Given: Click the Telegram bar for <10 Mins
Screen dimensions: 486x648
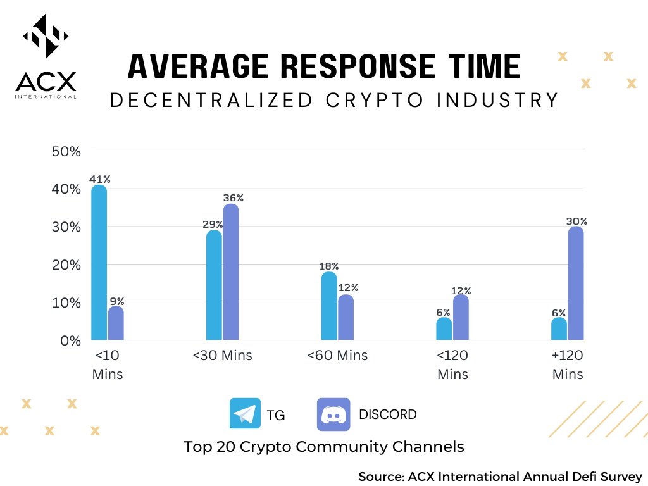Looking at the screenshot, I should coord(99,263).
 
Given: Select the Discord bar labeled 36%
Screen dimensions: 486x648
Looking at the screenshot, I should coord(231,272).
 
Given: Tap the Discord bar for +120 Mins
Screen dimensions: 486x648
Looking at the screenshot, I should coord(576,283).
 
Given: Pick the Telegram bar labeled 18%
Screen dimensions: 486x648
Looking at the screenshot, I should coord(329,306).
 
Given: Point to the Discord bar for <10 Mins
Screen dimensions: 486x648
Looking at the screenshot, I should coord(116,323).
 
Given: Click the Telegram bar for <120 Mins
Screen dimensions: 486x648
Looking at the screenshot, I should coord(444,328).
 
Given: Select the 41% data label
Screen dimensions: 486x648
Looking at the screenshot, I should coord(99,179).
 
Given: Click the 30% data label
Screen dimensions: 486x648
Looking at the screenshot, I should coord(576,221).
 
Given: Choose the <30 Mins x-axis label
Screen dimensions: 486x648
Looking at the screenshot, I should coord(223,356).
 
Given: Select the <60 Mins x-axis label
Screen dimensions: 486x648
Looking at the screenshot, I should coord(337,356).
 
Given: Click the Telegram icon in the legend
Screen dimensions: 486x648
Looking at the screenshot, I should coord(245,414).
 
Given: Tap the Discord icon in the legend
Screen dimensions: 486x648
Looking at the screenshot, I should coord(333,414).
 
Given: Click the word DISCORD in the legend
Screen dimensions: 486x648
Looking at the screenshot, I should coord(387,414).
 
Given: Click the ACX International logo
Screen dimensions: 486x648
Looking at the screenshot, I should coord(46,57).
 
